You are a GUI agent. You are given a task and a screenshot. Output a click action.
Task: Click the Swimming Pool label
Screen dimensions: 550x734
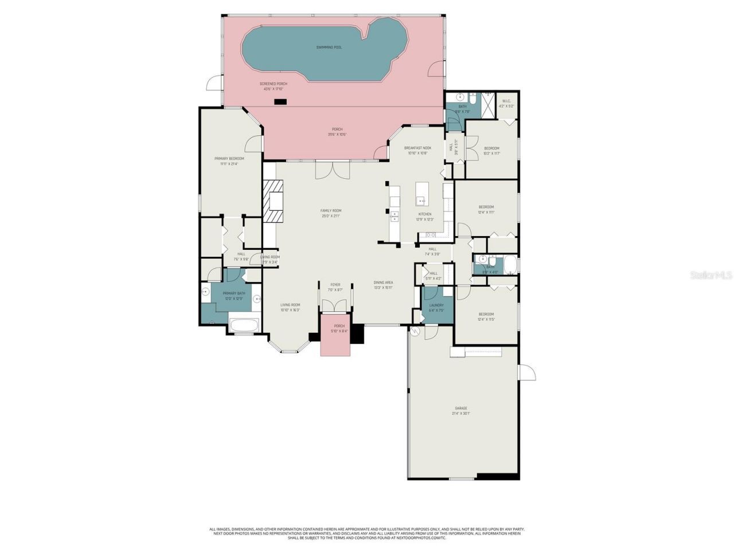tap(329, 47)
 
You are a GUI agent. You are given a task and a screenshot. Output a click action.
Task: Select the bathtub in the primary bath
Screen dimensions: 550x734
tap(245, 325)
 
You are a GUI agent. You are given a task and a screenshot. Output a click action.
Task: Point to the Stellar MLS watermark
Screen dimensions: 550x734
tap(711, 276)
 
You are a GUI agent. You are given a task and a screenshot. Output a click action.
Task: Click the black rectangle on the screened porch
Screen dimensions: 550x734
tap(280, 102)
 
